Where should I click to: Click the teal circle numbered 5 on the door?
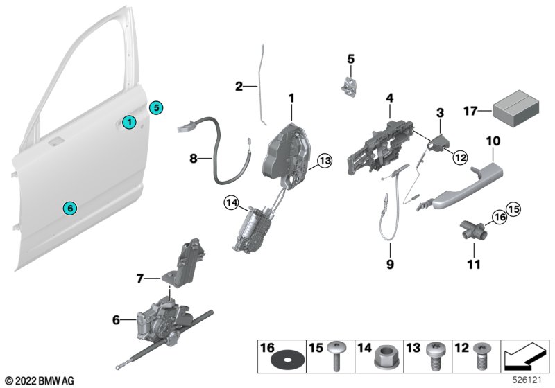(x=157, y=107)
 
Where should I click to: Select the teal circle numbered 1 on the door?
(x=128, y=123)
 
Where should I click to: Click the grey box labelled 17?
(x=514, y=111)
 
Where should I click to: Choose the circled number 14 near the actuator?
(x=231, y=203)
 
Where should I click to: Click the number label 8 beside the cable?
(x=195, y=159)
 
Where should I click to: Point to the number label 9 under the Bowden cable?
(x=389, y=264)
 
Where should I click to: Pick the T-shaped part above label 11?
(x=470, y=229)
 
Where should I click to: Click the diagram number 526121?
(x=529, y=380)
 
